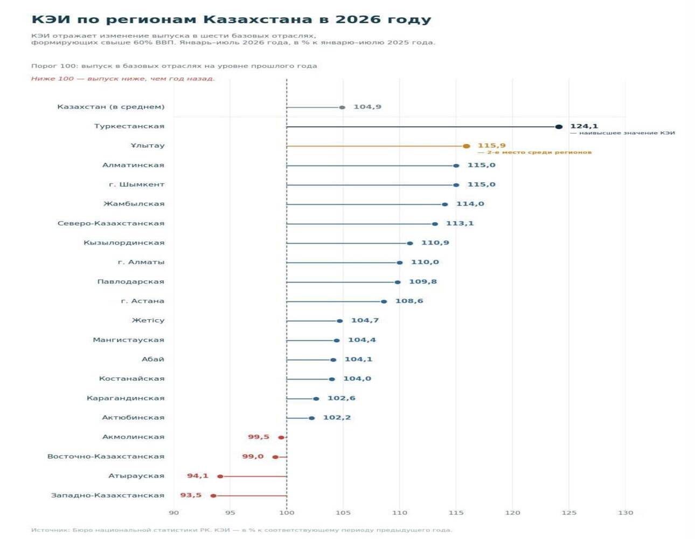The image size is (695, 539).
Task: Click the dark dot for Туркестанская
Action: pos(559,127)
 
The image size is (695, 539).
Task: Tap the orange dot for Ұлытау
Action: pos(467,146)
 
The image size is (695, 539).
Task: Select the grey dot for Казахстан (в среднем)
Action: pos(342,107)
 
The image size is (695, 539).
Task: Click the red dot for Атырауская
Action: pos(220,476)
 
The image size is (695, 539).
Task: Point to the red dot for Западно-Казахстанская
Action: pos(213,496)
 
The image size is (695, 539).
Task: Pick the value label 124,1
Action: pos(584,126)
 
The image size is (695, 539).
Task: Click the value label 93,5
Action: pos(191,495)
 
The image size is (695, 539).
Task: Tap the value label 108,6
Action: pos(409,301)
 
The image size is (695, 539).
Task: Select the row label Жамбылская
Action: pos(134,204)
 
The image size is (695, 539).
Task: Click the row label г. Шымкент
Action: pos(136,184)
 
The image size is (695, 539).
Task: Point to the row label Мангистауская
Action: pos(129,340)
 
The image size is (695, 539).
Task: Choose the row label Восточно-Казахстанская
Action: pos(106,456)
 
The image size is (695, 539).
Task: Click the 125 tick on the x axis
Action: pos(569,513)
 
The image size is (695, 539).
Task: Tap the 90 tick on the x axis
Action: pos(173,513)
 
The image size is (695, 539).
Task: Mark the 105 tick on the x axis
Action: pos(343,513)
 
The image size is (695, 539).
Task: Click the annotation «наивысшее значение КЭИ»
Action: pos(627,133)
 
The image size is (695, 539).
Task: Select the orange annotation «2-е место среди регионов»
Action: pos(539,152)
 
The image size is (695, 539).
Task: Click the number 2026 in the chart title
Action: pos(358,19)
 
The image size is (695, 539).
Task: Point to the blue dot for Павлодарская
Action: pos(398,282)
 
